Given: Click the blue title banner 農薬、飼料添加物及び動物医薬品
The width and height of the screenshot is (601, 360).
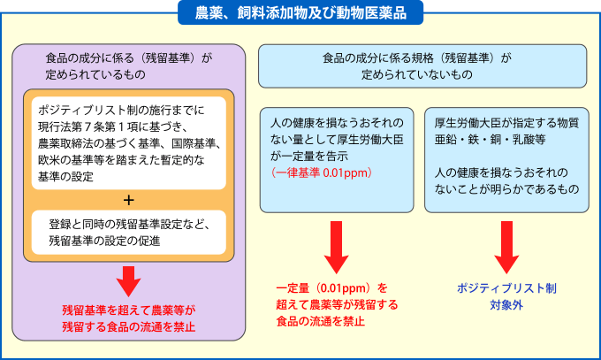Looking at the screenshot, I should (x=300, y=12).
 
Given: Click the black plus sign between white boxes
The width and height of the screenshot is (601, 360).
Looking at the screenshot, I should (x=129, y=198).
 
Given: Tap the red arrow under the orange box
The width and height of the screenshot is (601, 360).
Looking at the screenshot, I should (x=129, y=280).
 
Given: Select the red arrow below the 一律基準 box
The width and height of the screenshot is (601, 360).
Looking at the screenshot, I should (x=337, y=247).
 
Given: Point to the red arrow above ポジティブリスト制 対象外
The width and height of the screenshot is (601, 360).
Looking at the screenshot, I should (x=506, y=247).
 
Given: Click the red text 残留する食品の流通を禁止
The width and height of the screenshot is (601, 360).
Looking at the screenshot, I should (x=129, y=327).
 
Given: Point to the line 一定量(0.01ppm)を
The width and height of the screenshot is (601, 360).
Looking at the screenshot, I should (x=331, y=288).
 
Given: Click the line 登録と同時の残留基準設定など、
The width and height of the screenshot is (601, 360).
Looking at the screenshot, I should (x=129, y=223).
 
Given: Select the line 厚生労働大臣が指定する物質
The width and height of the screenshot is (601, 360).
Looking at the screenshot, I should (x=501, y=121).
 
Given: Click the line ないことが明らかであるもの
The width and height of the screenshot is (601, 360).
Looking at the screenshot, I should (x=501, y=189).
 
